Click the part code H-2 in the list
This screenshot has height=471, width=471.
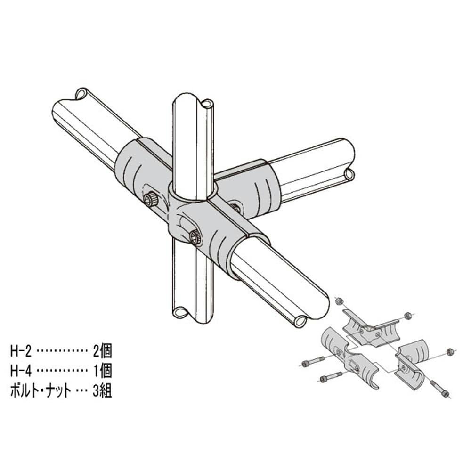pyautogui.click(x=21, y=351)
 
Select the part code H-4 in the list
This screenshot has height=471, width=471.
pyautogui.click(x=21, y=371)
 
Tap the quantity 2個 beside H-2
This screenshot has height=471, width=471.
pyautogui.click(x=102, y=351)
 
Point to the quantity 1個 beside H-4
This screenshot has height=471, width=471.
pyautogui.click(x=102, y=371)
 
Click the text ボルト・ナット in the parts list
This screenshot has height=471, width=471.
pyautogui.click(x=41, y=391)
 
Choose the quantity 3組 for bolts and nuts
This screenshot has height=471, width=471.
pyautogui.click(x=102, y=390)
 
